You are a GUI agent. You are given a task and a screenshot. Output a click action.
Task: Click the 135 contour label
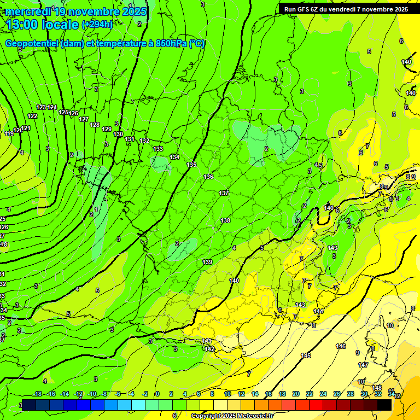click(191, 165)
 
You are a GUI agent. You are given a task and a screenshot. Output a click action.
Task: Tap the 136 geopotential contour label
click(208, 177)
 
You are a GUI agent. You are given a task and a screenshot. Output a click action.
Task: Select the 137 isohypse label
click(224, 193)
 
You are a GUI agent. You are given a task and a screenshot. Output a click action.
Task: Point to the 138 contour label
click(225, 220)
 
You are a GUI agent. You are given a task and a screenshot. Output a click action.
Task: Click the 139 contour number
click(207, 262)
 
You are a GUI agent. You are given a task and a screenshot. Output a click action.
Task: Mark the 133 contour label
click(158, 149)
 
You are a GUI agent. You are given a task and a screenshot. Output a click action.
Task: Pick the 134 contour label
click(174, 157)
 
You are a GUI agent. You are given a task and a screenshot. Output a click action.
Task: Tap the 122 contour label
click(32, 116)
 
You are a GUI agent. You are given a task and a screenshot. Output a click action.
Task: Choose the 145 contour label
click(306, 355)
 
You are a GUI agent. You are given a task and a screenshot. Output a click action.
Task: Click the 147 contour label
click(363, 365)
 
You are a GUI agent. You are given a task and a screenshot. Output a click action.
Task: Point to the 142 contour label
click(208, 348)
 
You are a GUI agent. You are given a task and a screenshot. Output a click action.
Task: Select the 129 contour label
click(107, 129)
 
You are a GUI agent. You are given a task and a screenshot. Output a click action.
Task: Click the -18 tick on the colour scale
click(37, 394)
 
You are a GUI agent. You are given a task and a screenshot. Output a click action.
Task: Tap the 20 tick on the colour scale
click(296, 394)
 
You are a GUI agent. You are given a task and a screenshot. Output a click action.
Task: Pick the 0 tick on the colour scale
click(157, 394)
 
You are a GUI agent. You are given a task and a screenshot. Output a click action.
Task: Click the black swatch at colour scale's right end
click(384, 405)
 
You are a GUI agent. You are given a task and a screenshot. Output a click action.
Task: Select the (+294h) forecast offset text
click(97, 25)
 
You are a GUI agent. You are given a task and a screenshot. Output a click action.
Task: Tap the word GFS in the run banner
click(305, 9)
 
